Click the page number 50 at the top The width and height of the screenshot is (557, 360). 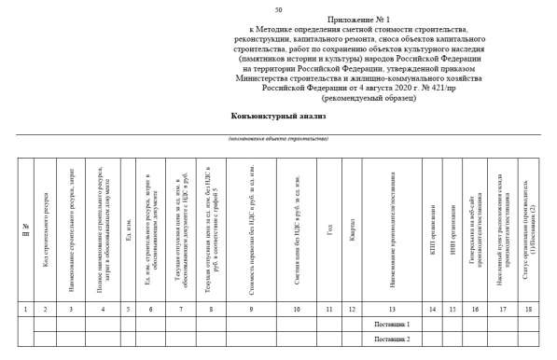[278, 9]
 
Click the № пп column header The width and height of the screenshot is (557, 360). [25, 229]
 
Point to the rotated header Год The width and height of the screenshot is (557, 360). [329, 229]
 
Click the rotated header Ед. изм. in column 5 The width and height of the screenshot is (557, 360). [129, 229]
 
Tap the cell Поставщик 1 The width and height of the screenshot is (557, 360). [391, 324]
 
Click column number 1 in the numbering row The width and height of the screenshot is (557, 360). [25, 309]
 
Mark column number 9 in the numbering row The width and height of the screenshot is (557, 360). [251, 309]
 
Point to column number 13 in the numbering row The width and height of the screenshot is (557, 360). [391, 309]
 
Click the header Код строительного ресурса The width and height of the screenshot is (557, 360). [47, 229]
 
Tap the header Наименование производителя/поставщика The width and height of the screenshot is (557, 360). [393, 229]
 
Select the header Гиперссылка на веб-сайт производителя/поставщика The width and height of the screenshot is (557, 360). [475, 229]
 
